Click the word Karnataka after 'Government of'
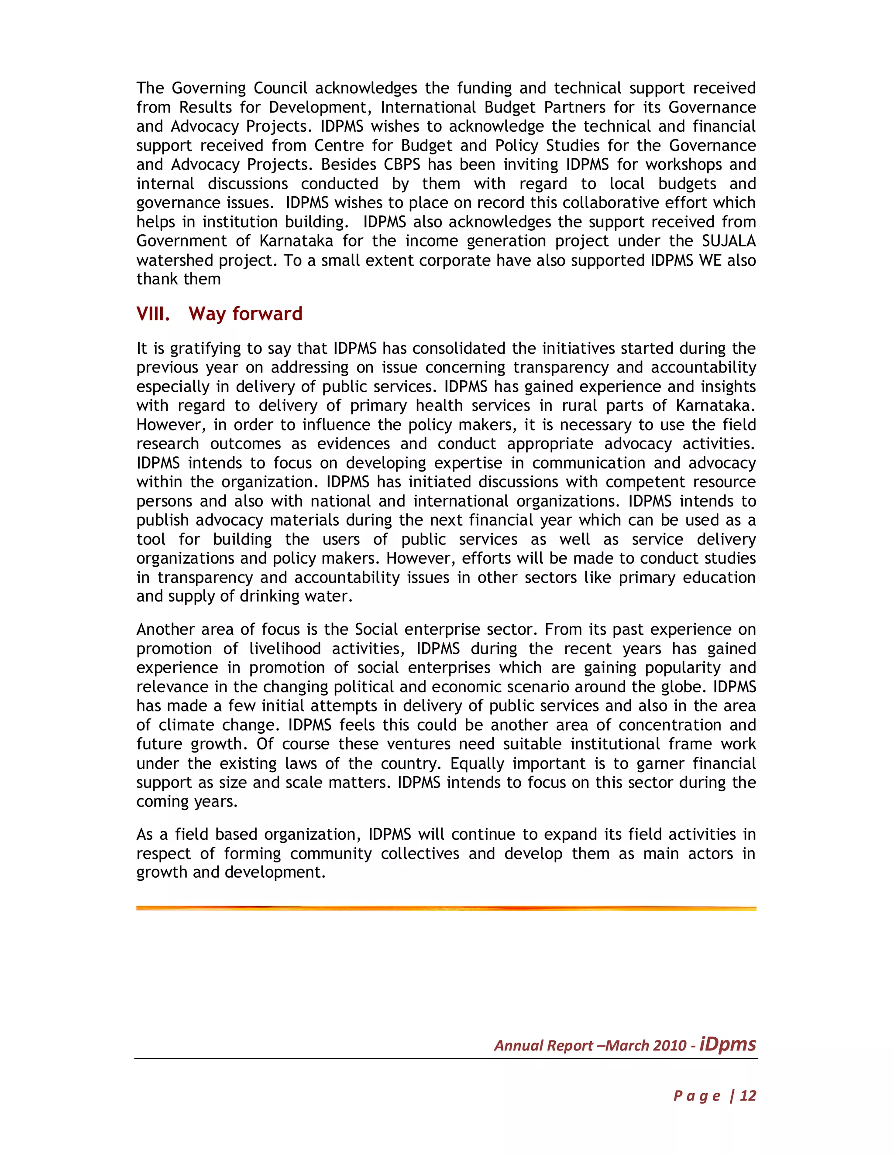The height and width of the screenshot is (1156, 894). pos(296,241)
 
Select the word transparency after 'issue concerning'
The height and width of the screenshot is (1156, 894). pos(552,367)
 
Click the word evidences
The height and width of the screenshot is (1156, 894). pos(353,444)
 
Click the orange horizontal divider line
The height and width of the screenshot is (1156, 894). pos(446,908)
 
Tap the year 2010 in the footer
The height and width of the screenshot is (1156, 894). pos(670,1045)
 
